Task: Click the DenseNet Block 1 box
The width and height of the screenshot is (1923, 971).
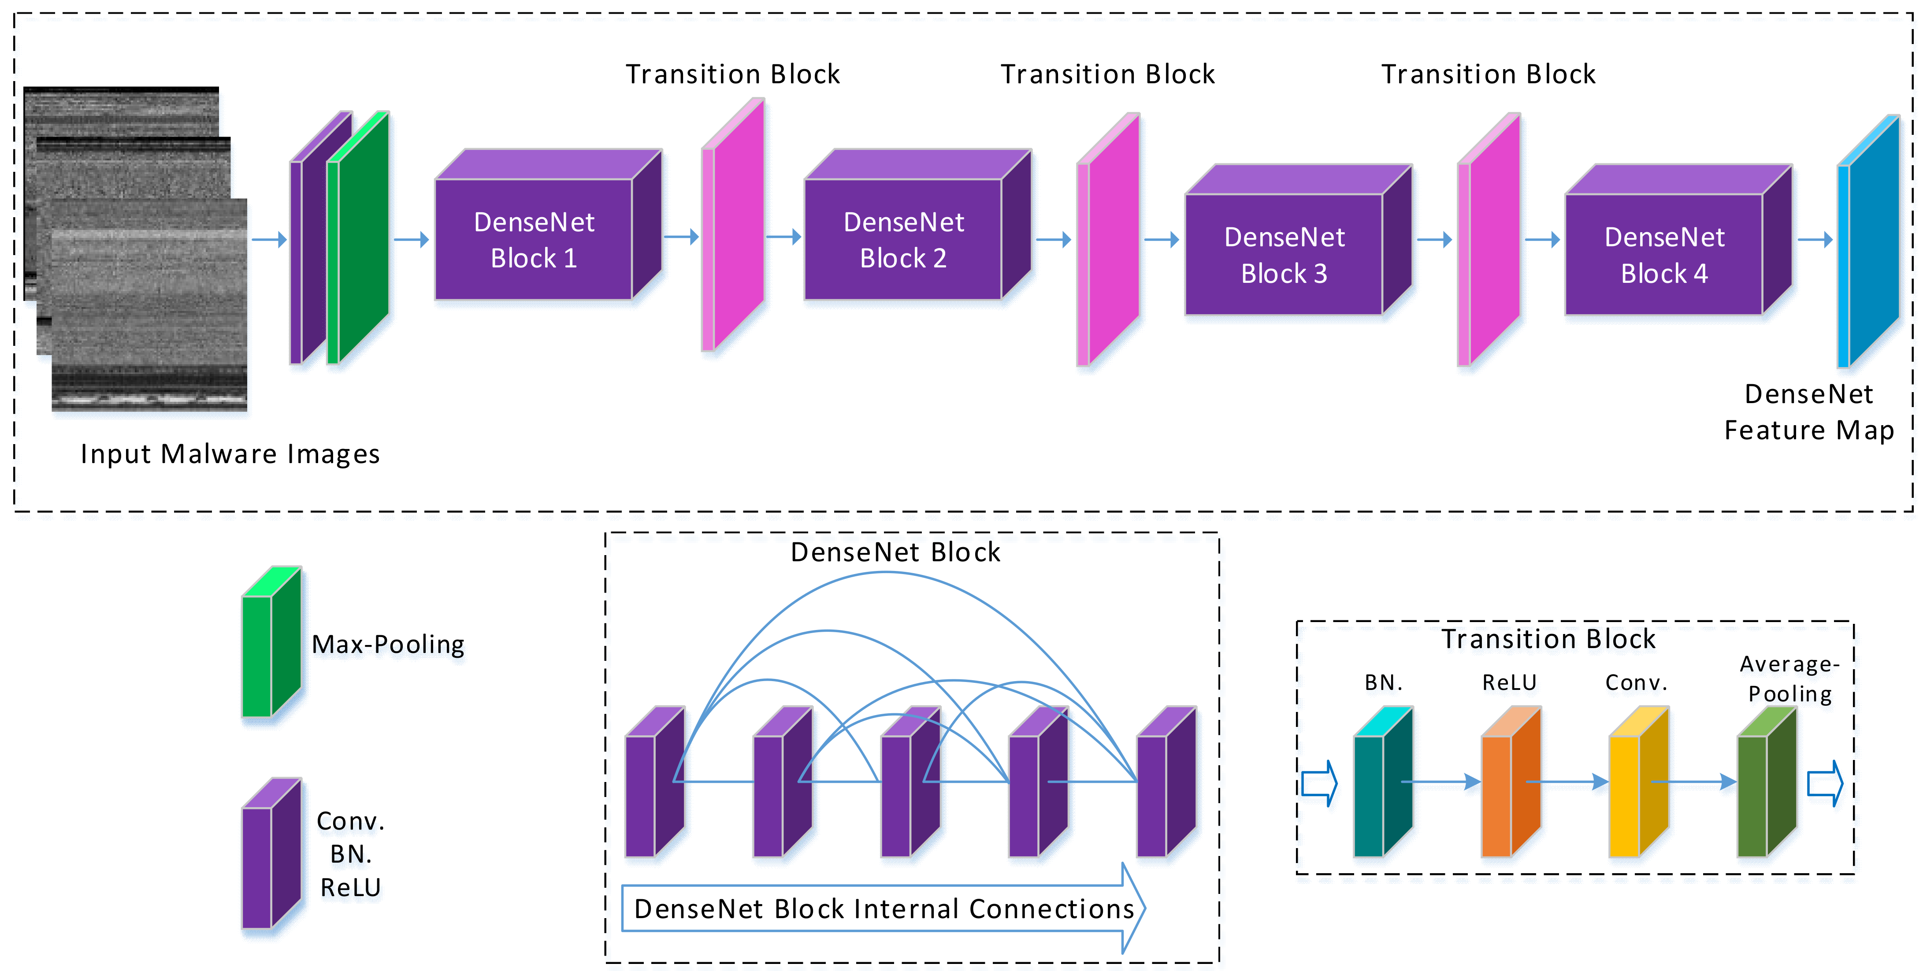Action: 534,239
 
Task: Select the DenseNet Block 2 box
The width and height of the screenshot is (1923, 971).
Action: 903,239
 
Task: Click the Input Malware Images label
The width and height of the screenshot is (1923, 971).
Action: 230,454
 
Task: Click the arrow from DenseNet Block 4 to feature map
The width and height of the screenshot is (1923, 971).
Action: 1815,240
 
